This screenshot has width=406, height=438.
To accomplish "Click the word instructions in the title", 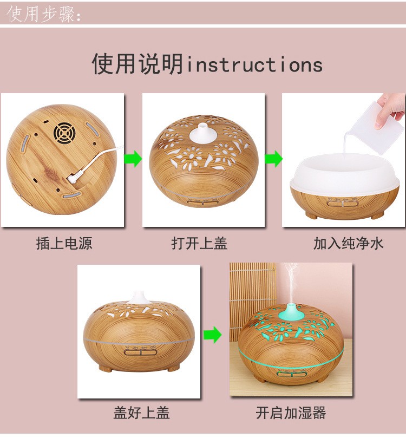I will click(x=254, y=65).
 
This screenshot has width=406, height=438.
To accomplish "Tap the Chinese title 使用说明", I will click(x=137, y=64).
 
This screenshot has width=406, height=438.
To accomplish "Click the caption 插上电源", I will click(x=64, y=244).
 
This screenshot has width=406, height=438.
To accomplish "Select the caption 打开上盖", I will click(x=199, y=244).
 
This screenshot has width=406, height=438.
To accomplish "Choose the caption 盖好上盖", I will click(x=141, y=413).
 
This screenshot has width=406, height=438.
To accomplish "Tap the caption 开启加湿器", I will click(x=291, y=413).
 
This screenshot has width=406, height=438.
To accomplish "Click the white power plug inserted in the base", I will click(x=74, y=176).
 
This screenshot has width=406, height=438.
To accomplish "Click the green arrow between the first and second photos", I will click(x=133, y=159).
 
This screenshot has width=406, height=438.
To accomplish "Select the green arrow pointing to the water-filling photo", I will click(x=273, y=159).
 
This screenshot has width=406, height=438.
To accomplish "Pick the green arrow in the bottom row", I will click(x=213, y=335).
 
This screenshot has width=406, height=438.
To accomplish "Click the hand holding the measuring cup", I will click(x=391, y=106).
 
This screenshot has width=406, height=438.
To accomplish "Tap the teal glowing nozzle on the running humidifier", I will click(x=291, y=311).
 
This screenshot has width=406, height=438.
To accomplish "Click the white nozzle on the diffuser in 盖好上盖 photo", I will click(x=140, y=297).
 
